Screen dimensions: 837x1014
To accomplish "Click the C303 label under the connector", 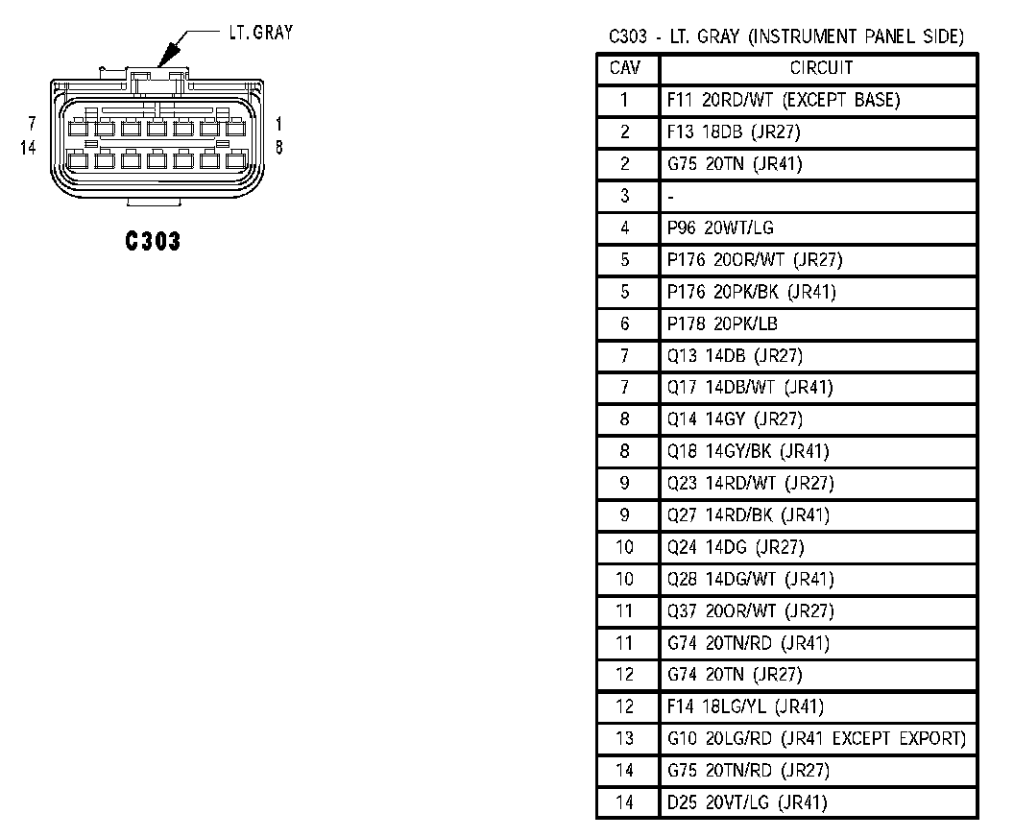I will coord(153,241).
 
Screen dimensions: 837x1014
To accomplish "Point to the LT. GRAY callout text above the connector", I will coord(260,33).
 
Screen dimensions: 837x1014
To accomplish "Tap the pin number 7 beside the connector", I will coord(33,124).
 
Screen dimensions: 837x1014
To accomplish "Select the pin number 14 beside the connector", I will coord(27,148).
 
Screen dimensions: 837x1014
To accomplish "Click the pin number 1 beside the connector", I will coord(278,124).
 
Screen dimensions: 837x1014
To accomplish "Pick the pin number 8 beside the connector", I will coord(278,148).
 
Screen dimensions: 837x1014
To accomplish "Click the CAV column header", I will coord(625,69).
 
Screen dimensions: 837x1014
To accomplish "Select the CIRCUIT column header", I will coord(821,69).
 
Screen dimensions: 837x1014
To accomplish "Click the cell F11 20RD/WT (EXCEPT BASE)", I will coord(784,100).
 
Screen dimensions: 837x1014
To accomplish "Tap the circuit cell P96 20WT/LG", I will coord(720,228).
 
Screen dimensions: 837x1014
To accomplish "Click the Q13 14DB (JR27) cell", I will coord(735,356).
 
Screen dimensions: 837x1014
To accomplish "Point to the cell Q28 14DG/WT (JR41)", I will coord(750,579).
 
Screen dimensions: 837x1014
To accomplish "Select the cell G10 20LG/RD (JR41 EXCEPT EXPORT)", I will coord(815,738).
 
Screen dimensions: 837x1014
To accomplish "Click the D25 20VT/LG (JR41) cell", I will coord(747,802).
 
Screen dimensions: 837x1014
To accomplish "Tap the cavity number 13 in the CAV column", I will coord(625,738).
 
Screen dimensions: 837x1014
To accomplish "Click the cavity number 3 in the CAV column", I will coord(625,196).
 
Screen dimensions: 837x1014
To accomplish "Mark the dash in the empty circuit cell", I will coord(671,197).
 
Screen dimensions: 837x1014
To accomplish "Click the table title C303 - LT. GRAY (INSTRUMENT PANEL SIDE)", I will coord(786,37).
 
